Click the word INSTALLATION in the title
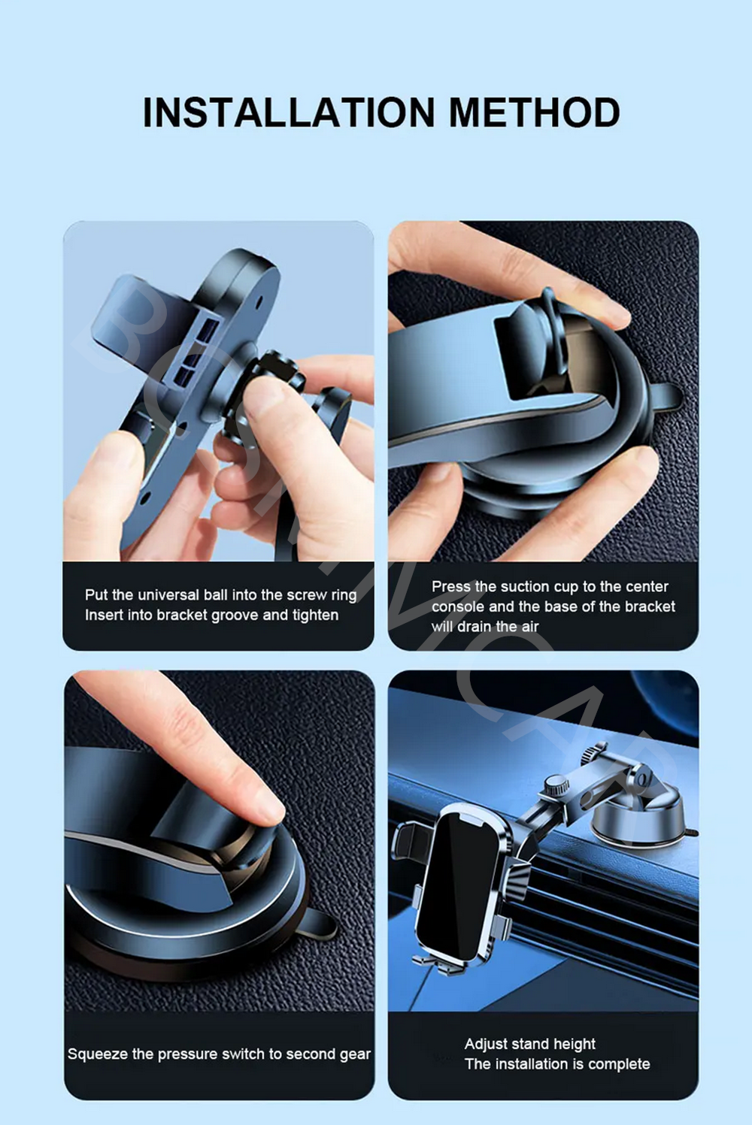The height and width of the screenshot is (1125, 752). pos(289,113)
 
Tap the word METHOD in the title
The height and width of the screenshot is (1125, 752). pos(535,113)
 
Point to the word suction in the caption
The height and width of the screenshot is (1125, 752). pos(526,587)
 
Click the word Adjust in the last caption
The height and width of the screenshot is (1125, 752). pos(485,1044)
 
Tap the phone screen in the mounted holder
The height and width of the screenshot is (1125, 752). pos(457,888)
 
